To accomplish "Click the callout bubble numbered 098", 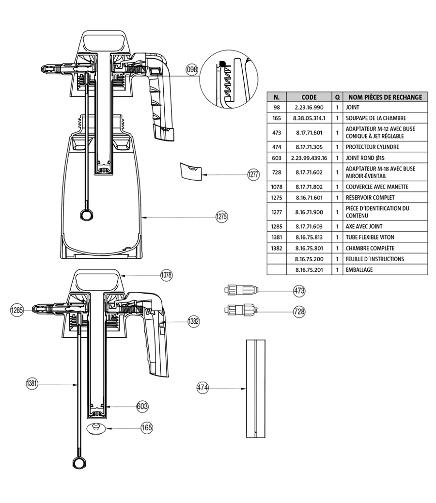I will pos(192,70).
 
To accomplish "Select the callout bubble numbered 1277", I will pos(253,175).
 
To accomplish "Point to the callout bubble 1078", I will pos(166,275).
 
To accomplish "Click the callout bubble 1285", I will pos(17,310).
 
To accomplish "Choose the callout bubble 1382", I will pos(194,321).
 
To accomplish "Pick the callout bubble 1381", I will pos(32,384).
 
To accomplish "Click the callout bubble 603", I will pos(141,406).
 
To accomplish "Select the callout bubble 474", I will pos(202,388).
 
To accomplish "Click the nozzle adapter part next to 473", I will pos(239,291).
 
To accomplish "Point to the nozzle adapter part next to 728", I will pos(239,310).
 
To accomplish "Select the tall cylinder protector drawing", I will pos(255,388).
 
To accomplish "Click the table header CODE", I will pos(309,97).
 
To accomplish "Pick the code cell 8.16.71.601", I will pos(309,198).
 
